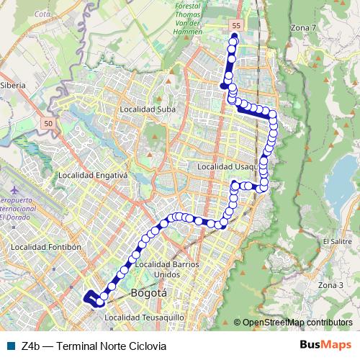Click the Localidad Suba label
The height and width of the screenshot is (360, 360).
point(148,109)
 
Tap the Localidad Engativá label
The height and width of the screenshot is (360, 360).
point(93,175)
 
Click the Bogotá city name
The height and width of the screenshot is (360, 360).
point(149,294)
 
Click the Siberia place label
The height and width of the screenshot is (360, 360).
point(14,85)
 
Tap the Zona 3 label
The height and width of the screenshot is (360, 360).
point(330,285)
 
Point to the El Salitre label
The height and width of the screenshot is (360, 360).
point(336,241)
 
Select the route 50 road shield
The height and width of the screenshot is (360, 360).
point(48,124)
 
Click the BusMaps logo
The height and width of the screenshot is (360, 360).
point(325,345)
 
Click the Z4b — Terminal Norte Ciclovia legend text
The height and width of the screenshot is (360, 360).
point(94,346)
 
